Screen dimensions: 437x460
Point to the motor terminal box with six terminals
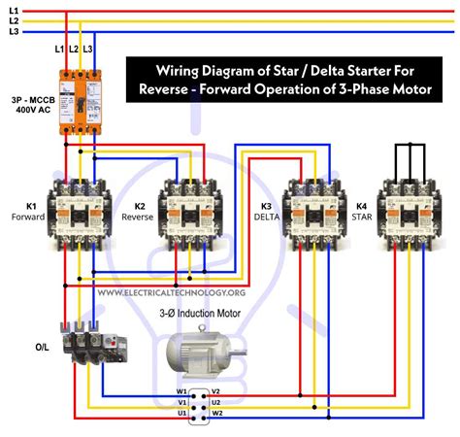tap(201, 402)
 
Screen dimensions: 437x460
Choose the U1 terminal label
tap(181, 414)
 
